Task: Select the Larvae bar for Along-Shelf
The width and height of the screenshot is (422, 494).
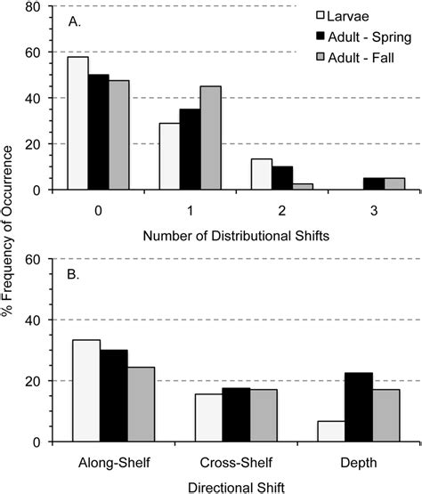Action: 86,391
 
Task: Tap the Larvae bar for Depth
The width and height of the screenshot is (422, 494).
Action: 331,431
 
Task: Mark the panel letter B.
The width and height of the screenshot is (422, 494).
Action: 64,276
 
